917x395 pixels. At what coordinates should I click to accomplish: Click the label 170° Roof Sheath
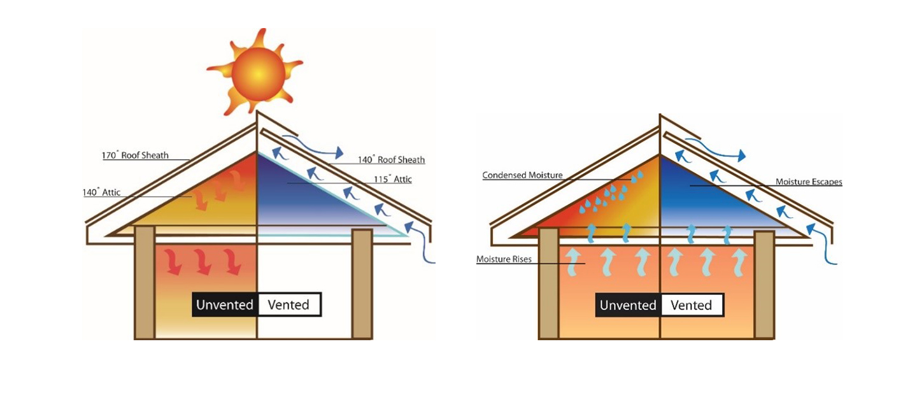[135, 155]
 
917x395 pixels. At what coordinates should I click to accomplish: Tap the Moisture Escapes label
[809, 182]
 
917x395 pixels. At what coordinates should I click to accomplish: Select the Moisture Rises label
[504, 260]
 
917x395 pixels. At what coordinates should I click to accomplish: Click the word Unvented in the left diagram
[225, 305]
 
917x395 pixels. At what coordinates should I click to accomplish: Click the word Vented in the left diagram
[288, 305]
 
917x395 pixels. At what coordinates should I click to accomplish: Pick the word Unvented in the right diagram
[628, 305]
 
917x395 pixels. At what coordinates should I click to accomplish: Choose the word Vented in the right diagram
[691, 305]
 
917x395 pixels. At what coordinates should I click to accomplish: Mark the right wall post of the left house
[362, 284]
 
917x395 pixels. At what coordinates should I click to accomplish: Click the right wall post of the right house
[764, 284]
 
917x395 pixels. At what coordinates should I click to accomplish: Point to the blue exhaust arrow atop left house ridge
[312, 148]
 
